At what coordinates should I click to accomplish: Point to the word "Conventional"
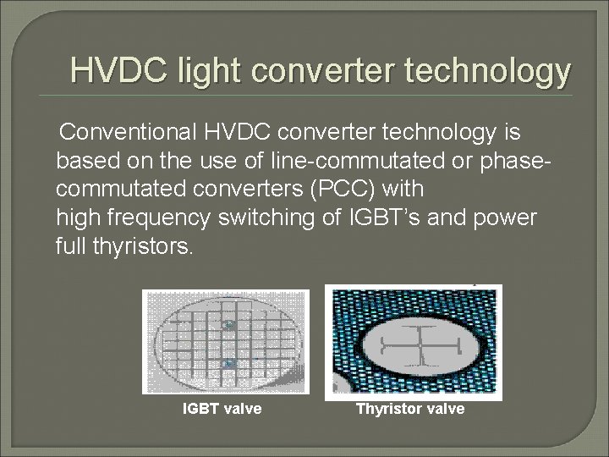tap(126, 133)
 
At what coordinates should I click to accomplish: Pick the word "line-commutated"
tap(341, 161)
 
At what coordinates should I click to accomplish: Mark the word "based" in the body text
tap(87, 161)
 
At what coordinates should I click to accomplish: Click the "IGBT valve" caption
tap(222, 409)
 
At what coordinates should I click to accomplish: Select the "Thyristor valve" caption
tap(410, 409)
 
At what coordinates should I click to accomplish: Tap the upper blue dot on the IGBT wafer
tap(228, 325)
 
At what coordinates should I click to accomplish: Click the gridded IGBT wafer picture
tap(226, 342)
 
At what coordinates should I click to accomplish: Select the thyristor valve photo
tap(414, 342)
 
